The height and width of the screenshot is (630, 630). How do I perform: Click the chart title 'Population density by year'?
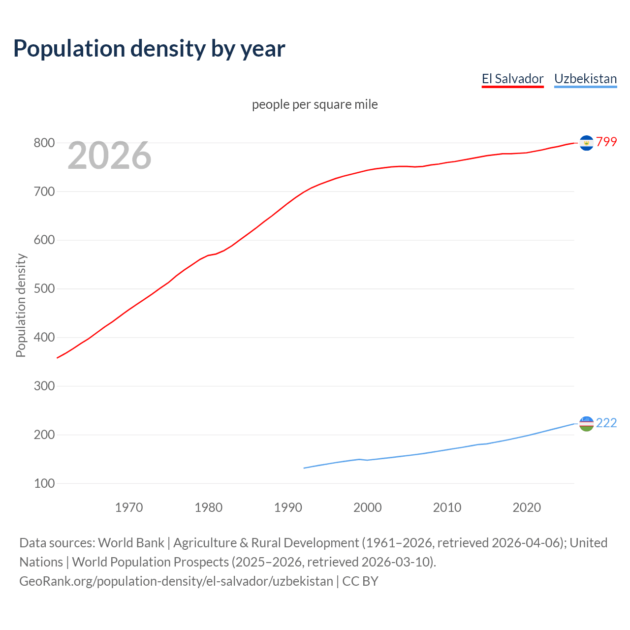149,48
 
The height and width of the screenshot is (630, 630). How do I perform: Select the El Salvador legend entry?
512,79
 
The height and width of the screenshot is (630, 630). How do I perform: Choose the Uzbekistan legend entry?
585,79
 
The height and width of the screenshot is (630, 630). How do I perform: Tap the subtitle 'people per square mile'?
315,104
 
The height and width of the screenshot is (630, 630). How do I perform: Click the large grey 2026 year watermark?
109,156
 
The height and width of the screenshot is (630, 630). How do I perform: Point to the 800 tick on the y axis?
44,143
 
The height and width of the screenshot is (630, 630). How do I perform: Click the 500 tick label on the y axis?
44,289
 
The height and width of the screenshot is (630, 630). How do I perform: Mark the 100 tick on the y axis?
44,484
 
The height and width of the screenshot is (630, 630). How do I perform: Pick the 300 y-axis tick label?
44,386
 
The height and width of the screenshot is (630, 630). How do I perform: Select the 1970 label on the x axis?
129,507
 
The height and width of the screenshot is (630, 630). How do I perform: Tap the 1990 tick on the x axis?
288,507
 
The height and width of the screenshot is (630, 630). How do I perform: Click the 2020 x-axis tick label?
527,507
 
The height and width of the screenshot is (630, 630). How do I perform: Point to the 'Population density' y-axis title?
21,305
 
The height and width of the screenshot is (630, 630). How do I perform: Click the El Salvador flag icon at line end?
586,143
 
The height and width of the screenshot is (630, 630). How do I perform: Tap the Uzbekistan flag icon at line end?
586,423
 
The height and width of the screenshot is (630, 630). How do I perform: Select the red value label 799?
606,142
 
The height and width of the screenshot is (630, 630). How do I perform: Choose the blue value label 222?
606,423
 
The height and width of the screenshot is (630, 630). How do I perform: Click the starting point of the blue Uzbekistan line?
304,468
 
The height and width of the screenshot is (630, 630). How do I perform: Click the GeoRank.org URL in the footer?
176,581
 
